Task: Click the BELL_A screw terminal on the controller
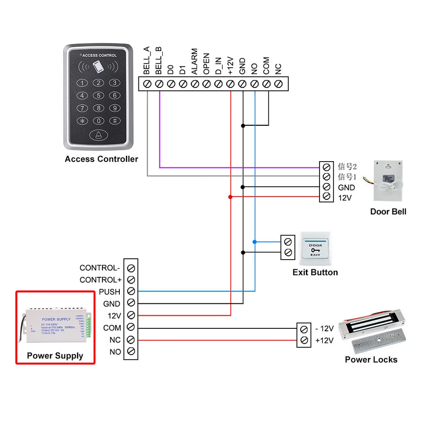(147, 84)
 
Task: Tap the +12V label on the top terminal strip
(230, 66)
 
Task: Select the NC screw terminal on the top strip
(278, 84)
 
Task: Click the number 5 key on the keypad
(98, 95)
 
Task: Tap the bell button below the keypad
(98, 135)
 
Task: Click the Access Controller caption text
(101, 159)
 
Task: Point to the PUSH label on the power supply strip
(109, 292)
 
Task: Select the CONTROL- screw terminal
(131, 268)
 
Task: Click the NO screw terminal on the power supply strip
(131, 351)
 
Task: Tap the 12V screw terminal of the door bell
(326, 197)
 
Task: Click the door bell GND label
(346, 187)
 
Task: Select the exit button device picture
(316, 248)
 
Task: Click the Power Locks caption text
(371, 360)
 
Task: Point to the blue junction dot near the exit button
(254, 242)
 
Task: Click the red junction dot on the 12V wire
(230, 197)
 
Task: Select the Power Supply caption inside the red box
(55, 356)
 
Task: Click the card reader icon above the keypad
(98, 66)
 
